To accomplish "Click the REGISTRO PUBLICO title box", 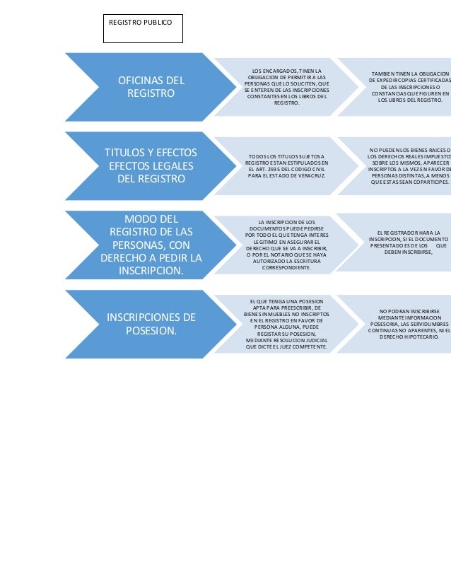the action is coord(142,29).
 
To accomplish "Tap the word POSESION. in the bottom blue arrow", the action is coord(151,330).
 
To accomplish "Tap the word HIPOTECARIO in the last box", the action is coord(419,337).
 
